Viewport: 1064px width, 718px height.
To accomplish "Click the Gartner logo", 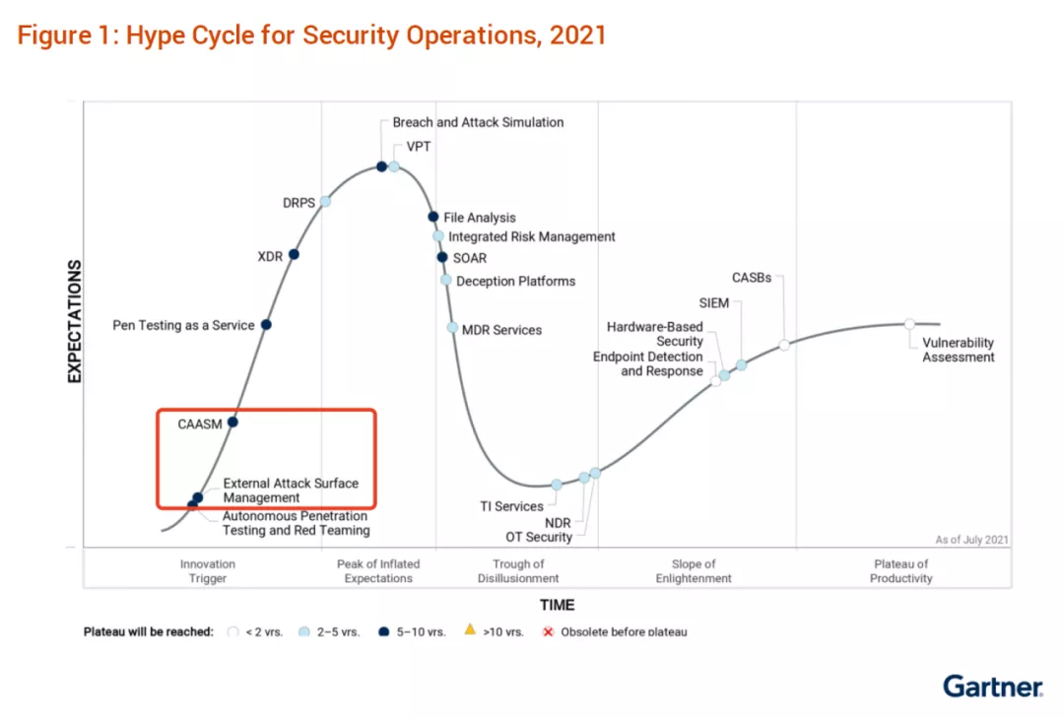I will [x=992, y=686].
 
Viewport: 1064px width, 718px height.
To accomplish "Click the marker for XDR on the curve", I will [x=294, y=254].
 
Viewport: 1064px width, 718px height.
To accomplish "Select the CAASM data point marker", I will [x=233, y=422].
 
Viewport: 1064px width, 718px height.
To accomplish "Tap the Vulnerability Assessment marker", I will [x=909, y=324].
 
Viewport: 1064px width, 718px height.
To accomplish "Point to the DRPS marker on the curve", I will [x=325, y=201].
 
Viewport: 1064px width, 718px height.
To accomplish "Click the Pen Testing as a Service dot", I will [x=266, y=324].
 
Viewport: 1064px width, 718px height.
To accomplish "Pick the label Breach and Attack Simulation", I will [x=478, y=122].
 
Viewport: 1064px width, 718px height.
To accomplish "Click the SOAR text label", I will [x=470, y=258].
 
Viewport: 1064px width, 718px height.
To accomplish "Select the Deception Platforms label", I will [x=515, y=281].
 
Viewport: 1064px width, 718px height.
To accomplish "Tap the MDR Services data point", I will [x=452, y=328].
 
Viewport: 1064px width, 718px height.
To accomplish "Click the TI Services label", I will [x=511, y=506].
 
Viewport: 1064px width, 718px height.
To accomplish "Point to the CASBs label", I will [x=752, y=278].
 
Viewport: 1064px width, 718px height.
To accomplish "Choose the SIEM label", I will [x=714, y=303].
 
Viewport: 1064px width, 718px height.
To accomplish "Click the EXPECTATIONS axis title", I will [x=74, y=320].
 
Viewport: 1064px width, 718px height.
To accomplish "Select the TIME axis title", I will [x=557, y=605].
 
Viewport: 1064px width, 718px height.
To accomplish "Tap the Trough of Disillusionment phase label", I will [x=518, y=571].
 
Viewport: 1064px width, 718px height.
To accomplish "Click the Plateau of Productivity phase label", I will [x=900, y=571].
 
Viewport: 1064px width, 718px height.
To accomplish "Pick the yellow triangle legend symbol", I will [x=470, y=630].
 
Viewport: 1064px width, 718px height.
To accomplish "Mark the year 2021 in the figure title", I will [x=578, y=36].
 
